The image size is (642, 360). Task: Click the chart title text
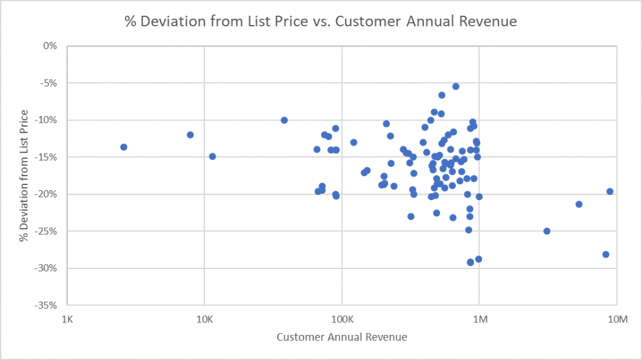pyautogui.click(x=320, y=21)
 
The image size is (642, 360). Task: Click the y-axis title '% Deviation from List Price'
pyautogui.click(x=24, y=176)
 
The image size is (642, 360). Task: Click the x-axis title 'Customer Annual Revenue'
pyautogui.click(x=342, y=337)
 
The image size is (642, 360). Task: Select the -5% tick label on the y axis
pyautogui.click(x=48, y=83)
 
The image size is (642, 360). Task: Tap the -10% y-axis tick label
pyautogui.click(x=46, y=120)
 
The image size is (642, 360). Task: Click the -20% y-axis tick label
pyautogui.click(x=46, y=194)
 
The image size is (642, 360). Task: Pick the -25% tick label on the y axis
pyautogui.click(x=46, y=231)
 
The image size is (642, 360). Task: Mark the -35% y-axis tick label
pyautogui.click(x=46, y=305)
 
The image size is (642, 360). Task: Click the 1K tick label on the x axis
pyautogui.click(x=66, y=320)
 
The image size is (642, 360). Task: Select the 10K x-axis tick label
pyautogui.click(x=204, y=320)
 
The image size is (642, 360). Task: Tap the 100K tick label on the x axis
pyautogui.click(x=342, y=320)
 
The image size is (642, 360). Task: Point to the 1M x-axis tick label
pyautogui.click(x=479, y=320)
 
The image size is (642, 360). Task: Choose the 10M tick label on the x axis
pyautogui.click(x=617, y=320)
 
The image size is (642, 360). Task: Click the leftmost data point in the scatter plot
pyautogui.click(x=124, y=147)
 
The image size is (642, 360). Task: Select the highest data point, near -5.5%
pyautogui.click(x=456, y=87)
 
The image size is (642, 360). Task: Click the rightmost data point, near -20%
pyautogui.click(x=609, y=191)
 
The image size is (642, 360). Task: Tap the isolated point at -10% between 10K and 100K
pyautogui.click(x=284, y=120)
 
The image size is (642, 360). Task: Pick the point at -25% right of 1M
pyautogui.click(x=547, y=231)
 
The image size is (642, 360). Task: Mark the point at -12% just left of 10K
pyautogui.click(x=190, y=135)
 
